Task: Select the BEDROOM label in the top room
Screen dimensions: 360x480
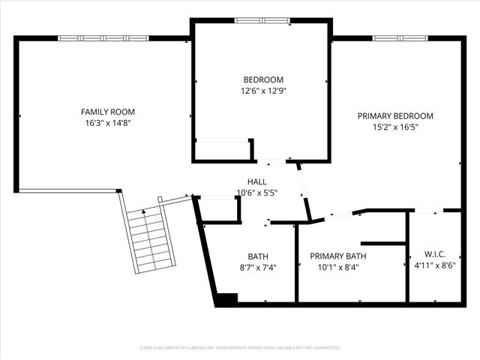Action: coord(263,80)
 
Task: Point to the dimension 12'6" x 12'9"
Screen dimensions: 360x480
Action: coord(263,91)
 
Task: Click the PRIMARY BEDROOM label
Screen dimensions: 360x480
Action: coord(395,116)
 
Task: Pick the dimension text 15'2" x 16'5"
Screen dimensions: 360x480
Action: coord(395,127)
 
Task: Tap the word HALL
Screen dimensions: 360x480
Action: coord(257,182)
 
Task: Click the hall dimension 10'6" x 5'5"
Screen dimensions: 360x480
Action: coord(257,193)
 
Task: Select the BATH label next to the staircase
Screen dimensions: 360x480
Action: coord(258,256)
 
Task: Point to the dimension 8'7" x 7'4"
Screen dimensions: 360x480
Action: coord(258,267)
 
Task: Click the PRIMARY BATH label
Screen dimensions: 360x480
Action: coord(338,256)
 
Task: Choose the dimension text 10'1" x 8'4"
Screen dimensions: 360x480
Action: coord(338,267)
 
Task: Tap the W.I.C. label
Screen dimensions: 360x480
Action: coord(435,253)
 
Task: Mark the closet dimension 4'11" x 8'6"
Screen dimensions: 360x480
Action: coord(435,265)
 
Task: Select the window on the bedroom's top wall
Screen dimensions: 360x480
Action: coord(262,20)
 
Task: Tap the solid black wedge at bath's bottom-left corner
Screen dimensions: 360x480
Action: coord(224,299)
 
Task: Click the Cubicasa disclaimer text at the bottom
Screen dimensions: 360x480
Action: coord(240,348)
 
